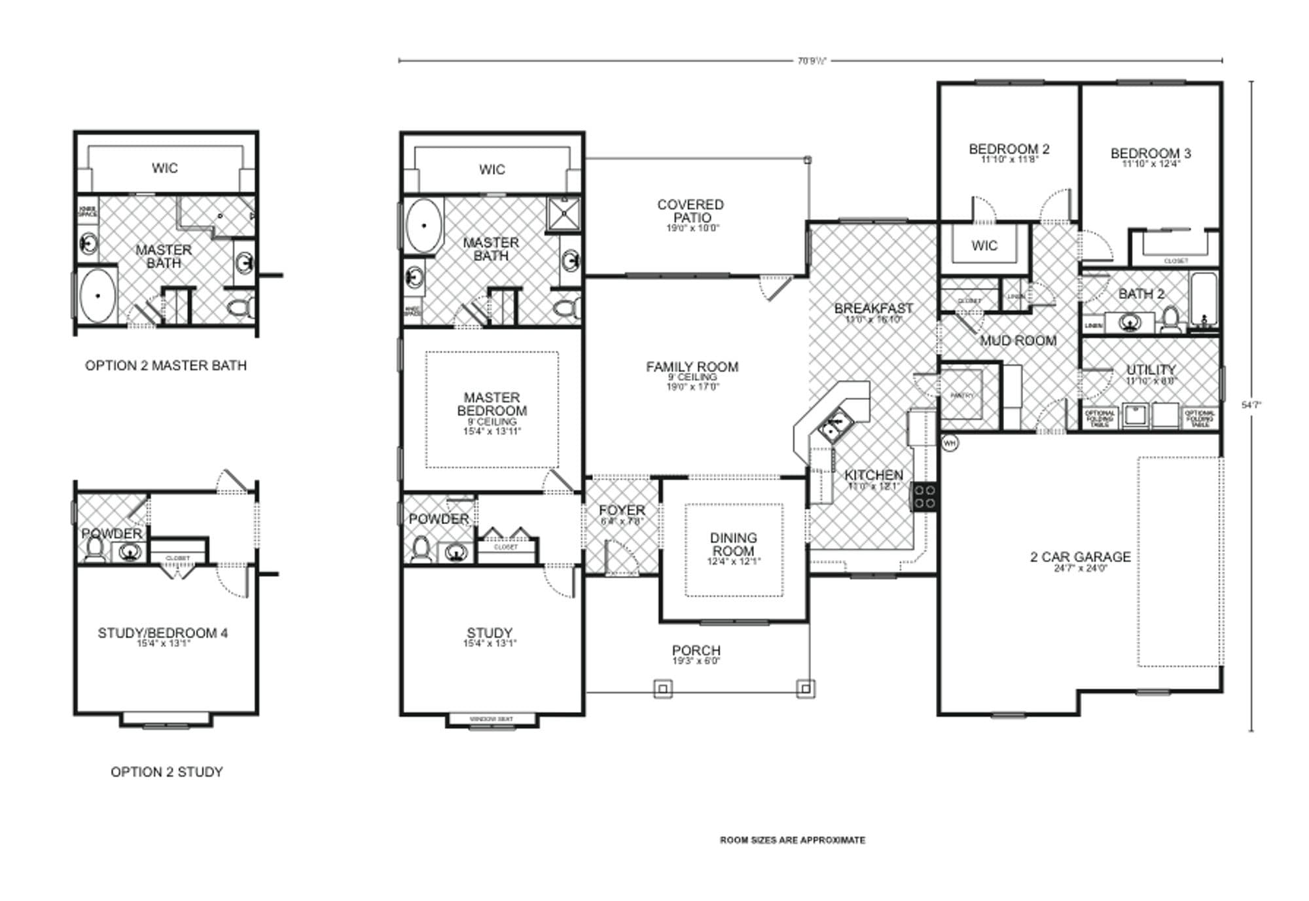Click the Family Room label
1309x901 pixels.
[x=692, y=367]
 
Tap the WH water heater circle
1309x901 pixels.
[x=950, y=443]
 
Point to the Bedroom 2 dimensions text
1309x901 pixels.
[x=1009, y=160]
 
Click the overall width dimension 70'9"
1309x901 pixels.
[x=811, y=61]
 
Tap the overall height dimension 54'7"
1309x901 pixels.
[x=1251, y=405]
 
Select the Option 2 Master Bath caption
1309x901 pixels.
[x=166, y=366]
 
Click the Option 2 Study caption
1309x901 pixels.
[x=166, y=772]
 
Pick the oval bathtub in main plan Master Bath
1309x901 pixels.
[x=423, y=225]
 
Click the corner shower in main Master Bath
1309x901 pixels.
[x=563, y=213]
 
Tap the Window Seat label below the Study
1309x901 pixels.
[x=491, y=719]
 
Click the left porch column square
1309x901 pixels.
[x=662, y=688]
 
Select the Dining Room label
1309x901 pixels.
[x=733, y=544]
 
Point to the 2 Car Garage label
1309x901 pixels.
[x=1080, y=557]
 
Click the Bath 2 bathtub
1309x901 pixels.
[x=1203, y=301]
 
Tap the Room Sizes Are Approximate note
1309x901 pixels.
[x=792, y=840]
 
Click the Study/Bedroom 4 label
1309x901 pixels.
[x=162, y=633]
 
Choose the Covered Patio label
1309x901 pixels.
[x=690, y=211]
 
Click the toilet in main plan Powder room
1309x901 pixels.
[x=420, y=550]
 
